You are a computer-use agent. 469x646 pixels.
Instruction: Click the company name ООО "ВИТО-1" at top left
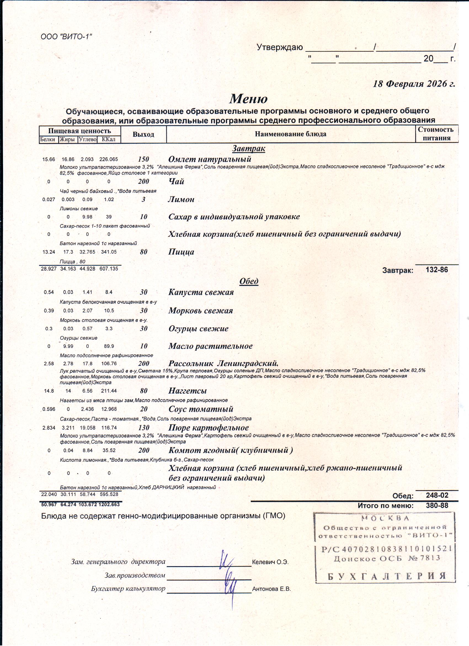[x=66, y=37]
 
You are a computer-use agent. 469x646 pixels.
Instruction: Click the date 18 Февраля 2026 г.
[x=414, y=84]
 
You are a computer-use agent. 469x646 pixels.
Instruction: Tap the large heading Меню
[x=248, y=99]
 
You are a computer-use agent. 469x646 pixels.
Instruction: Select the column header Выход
[x=143, y=134]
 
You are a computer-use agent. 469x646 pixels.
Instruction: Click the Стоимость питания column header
[x=435, y=133]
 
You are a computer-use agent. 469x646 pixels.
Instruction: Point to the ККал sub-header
[x=108, y=139]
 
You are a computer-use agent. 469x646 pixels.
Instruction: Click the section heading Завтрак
[x=248, y=148]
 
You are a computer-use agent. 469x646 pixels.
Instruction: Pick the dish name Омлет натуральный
[x=210, y=159]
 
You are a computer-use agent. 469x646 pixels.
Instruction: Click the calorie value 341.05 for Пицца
[x=109, y=252]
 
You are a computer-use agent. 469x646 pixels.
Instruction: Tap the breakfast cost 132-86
[x=436, y=270]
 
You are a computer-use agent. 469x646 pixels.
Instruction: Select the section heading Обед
[x=249, y=281]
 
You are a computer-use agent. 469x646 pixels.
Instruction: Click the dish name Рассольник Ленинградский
[x=223, y=363]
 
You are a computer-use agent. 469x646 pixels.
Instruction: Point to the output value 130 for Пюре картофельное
[x=144, y=427]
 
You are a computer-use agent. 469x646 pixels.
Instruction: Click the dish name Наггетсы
[x=187, y=391]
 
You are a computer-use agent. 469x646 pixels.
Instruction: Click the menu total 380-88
[x=436, y=506]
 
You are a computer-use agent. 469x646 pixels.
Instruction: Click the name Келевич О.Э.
[x=270, y=562]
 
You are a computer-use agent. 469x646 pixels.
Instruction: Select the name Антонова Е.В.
[x=271, y=589]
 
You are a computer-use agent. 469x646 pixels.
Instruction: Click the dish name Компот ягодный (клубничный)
[x=230, y=450]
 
